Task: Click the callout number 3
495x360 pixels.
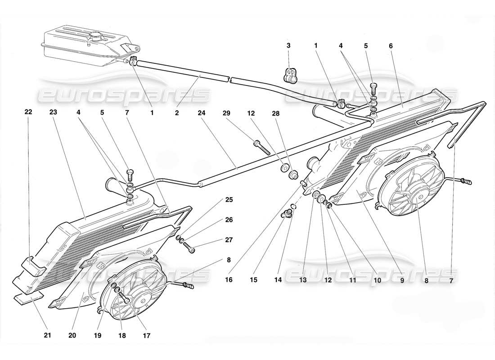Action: [x=288, y=45]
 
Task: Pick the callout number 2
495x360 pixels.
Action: [x=177, y=113]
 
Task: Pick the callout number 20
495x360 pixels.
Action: [x=72, y=335]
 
